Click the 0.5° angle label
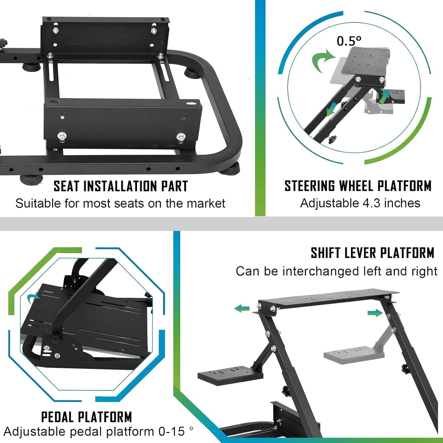[x=349, y=41]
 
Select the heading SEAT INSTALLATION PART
[x=120, y=186]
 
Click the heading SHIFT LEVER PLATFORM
[x=372, y=253]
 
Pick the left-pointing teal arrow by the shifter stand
[x=242, y=308]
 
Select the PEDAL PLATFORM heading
[x=86, y=417]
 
